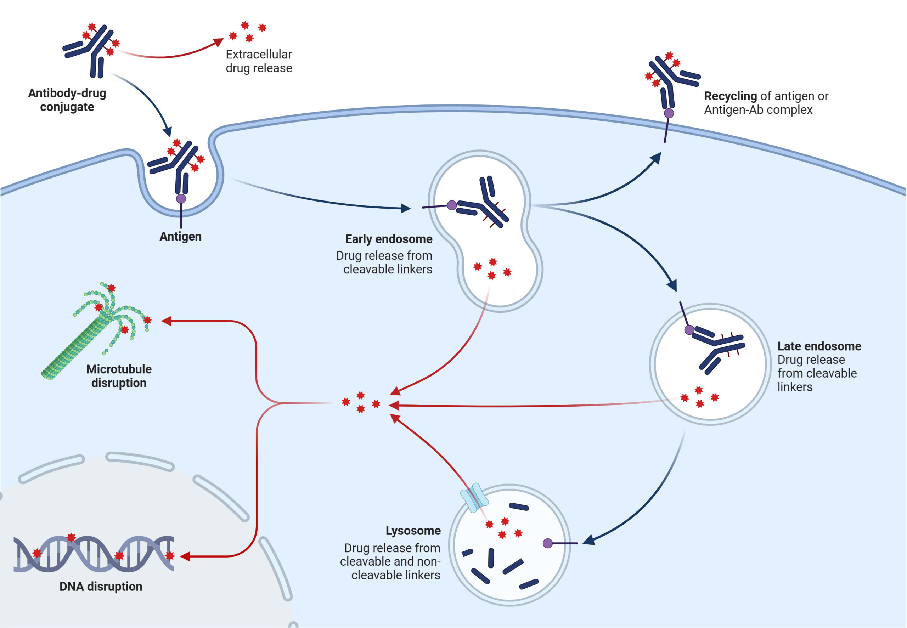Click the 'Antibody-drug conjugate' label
coord(67,100)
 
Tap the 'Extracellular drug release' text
coord(259,61)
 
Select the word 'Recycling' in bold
coord(730,96)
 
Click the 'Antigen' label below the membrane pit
coord(180,237)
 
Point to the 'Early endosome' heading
coord(388,239)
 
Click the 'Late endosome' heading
coord(819,346)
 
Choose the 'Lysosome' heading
coord(413,531)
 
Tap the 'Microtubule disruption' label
coord(119,376)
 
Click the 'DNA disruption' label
coord(101,587)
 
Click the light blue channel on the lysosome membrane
coord(474,498)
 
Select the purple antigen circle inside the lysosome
coord(547,543)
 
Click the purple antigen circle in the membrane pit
coord(181,199)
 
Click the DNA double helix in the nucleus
coord(94,554)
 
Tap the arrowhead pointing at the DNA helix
coord(185,556)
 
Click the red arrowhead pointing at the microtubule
coord(167,321)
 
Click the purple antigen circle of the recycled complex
coord(669,113)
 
